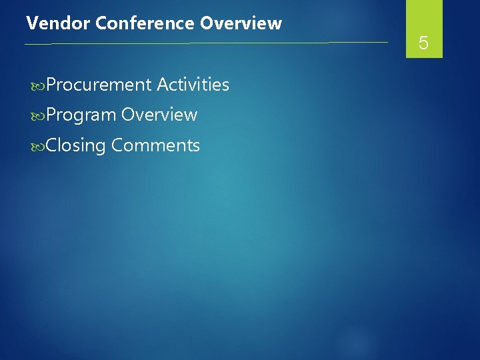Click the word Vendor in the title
click(x=58, y=23)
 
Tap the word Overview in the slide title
click(x=241, y=23)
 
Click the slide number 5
click(x=423, y=45)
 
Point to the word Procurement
click(x=99, y=85)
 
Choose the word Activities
click(x=193, y=85)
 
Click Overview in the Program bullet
click(x=159, y=115)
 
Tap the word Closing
click(x=76, y=145)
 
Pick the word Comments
click(x=155, y=145)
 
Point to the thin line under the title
click(x=200, y=43)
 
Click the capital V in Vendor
click(x=31, y=23)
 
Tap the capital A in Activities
click(x=162, y=85)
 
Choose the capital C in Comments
click(x=117, y=145)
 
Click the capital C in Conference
click(x=101, y=23)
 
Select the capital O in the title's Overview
click(x=206, y=23)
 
